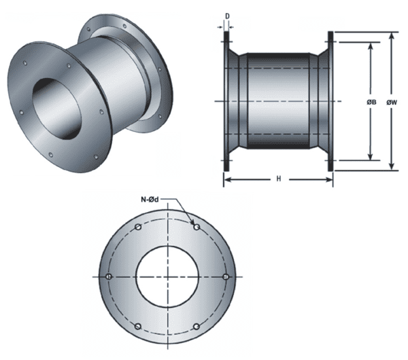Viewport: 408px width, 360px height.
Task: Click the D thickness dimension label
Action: coord(226,13)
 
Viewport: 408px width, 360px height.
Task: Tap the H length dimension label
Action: coord(279,179)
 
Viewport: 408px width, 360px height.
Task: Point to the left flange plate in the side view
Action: coord(226,101)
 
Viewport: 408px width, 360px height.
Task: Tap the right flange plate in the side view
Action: coord(331,101)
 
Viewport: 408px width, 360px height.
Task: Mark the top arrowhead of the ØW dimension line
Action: coord(392,35)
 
